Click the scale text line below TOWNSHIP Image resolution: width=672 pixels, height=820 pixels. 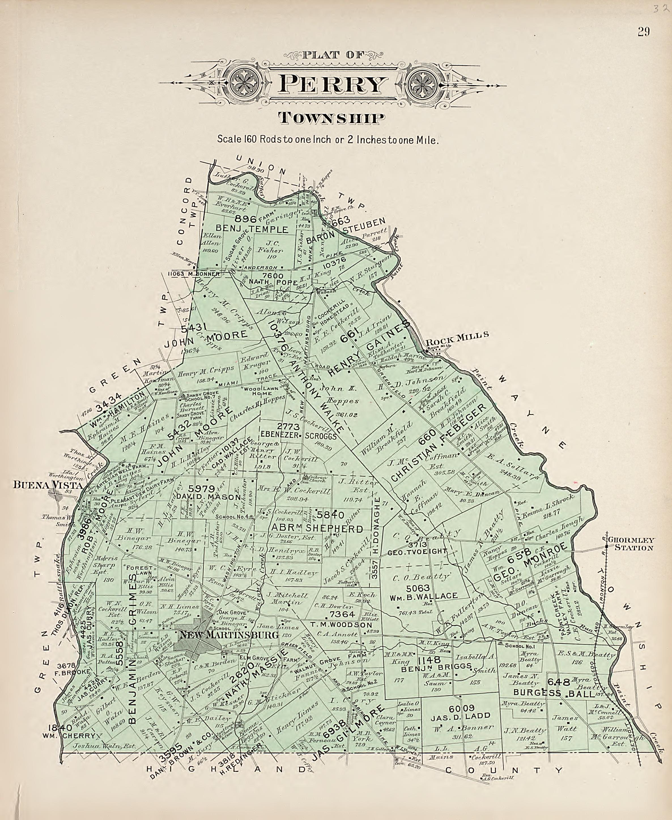tap(328, 139)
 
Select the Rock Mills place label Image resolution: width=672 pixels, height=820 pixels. tap(457, 335)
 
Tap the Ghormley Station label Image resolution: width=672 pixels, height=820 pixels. tap(630, 544)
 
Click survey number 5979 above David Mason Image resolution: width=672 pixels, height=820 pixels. tap(201, 488)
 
